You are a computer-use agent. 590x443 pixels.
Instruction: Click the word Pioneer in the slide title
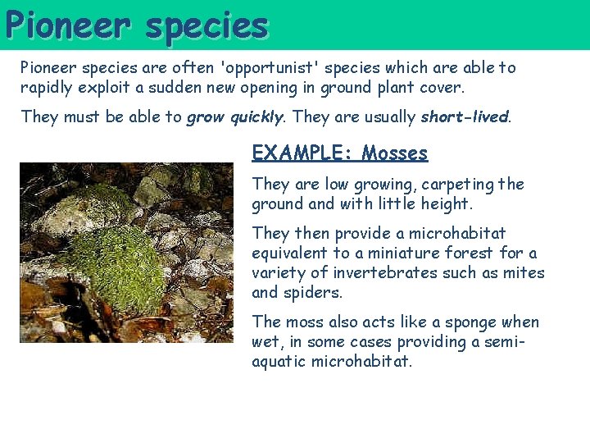68,25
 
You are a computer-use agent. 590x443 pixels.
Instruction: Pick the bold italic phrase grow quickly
234,117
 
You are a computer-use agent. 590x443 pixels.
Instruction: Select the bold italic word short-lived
465,117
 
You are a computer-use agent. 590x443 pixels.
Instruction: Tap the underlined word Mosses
395,153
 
